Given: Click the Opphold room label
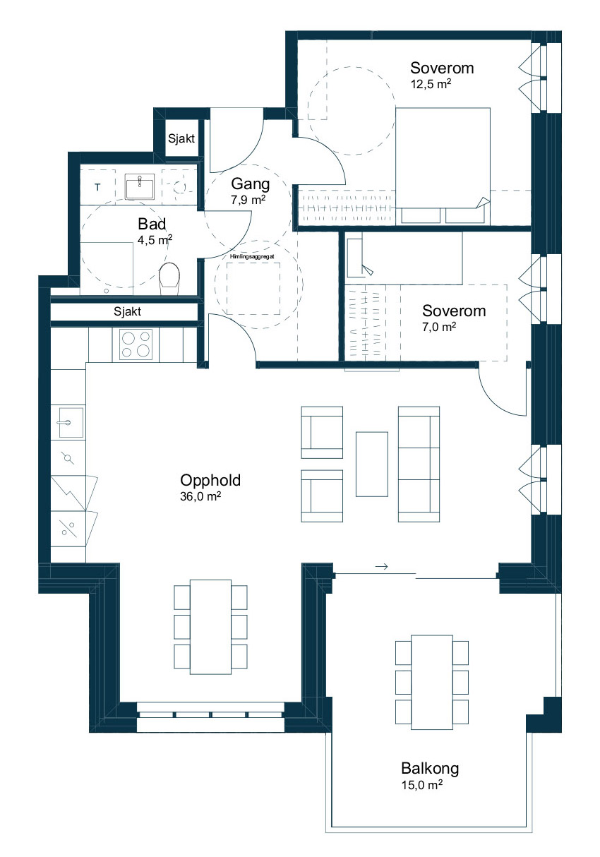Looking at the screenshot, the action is pyautogui.click(x=210, y=481).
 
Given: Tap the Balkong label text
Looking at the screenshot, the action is pyautogui.click(x=430, y=769).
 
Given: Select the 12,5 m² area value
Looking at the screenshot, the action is pyautogui.click(x=431, y=84).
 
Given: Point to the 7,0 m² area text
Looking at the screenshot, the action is pyautogui.click(x=439, y=327).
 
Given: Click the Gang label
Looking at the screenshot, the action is pyautogui.click(x=251, y=184).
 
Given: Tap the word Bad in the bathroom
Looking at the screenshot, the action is pyautogui.click(x=152, y=224).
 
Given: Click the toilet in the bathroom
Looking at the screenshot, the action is pyautogui.click(x=169, y=279).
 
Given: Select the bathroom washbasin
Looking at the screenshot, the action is pyautogui.click(x=140, y=186).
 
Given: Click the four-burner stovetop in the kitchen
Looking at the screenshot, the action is pyautogui.click(x=136, y=344).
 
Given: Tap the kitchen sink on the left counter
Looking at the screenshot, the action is pyautogui.click(x=71, y=422).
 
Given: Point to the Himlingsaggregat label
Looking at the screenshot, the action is pyautogui.click(x=252, y=257).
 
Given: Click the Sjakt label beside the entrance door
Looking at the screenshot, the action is pyautogui.click(x=181, y=138).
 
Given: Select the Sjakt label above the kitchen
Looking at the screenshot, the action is pyautogui.click(x=128, y=311).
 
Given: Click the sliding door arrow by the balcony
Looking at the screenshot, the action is pyautogui.click(x=382, y=566).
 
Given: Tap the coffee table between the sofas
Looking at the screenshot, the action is pyautogui.click(x=372, y=464).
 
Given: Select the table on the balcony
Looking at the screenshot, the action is pyautogui.click(x=432, y=682).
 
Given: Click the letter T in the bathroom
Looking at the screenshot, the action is pyautogui.click(x=98, y=187).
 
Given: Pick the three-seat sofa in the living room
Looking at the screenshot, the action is pyautogui.click(x=419, y=464).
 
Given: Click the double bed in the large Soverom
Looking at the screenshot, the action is pyautogui.click(x=443, y=166).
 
